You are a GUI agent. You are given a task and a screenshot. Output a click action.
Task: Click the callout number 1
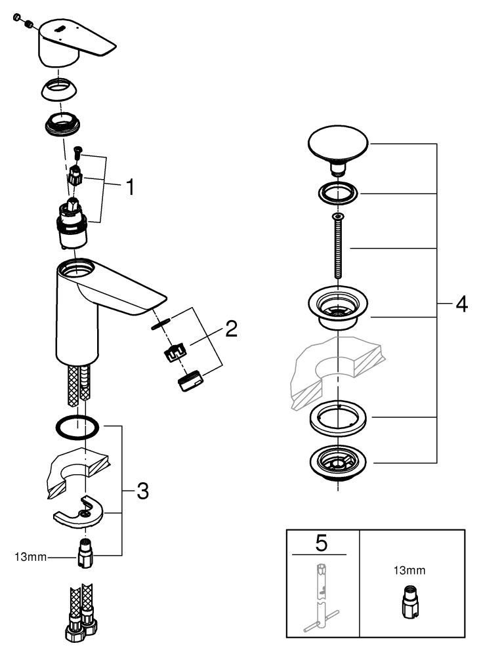pos(131,186)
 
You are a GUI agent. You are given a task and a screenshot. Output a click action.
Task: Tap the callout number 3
pos(143,491)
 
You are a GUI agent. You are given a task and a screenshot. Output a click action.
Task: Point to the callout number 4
pos(461,304)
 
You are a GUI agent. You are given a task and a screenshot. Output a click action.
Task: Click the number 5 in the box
pos(321,543)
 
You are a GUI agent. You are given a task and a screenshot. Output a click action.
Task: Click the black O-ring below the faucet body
pos(77,428)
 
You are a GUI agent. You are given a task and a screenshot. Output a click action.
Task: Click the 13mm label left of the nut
pos(30,557)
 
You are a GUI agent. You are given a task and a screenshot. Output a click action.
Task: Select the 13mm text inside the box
pos(409,570)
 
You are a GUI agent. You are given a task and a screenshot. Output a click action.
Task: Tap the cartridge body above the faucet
pos(72,226)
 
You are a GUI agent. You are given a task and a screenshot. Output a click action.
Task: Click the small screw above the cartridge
pos(77,152)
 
